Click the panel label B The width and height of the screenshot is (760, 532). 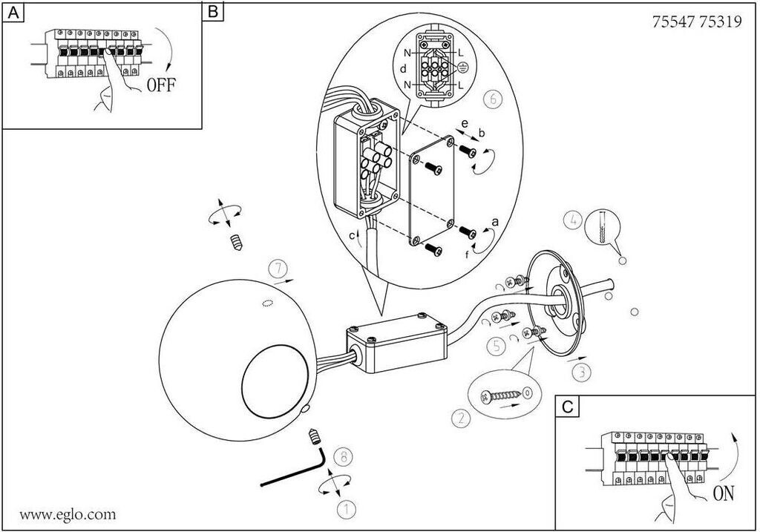(214, 13)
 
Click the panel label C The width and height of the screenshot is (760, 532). (568, 407)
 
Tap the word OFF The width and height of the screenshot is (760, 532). (161, 84)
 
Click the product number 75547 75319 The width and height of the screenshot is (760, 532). (696, 22)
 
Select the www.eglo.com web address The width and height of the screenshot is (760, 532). (68, 513)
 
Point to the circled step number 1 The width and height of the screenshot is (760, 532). (345, 508)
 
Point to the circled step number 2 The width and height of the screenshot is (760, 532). (461, 418)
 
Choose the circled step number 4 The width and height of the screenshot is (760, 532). (571, 219)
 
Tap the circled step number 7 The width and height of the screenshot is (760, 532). (277, 266)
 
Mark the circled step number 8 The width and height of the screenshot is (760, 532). (341, 456)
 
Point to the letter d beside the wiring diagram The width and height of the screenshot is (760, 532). (403, 69)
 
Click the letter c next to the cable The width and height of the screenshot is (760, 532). (352, 236)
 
